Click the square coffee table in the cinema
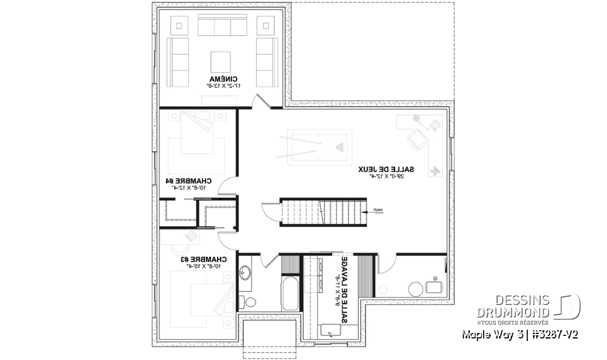(221, 59)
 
